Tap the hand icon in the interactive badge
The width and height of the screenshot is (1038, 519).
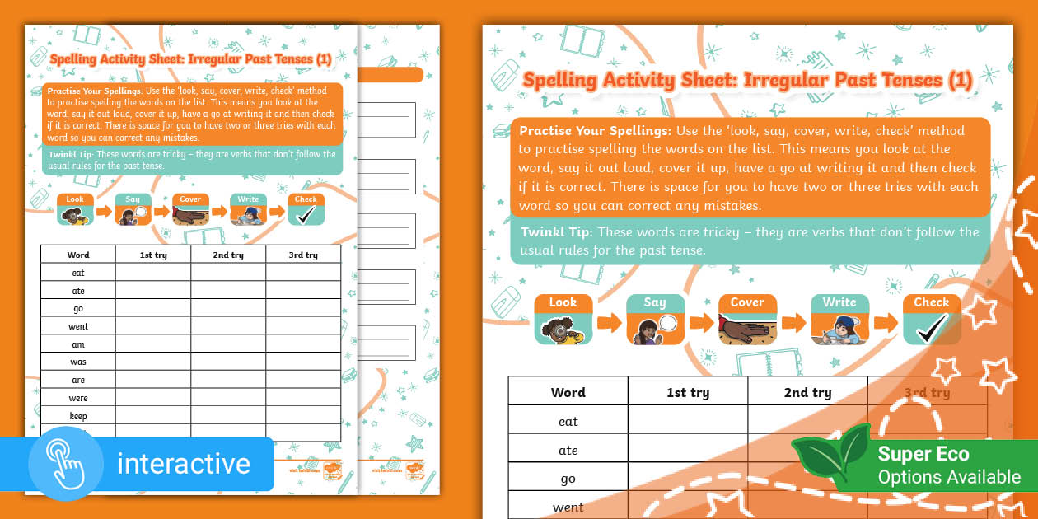pyautogui.click(x=65, y=464)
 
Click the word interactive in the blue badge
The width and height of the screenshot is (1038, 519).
pyautogui.click(x=183, y=464)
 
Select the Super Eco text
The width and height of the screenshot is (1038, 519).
pyautogui.click(x=923, y=454)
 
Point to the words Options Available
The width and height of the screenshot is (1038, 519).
pyautogui.click(x=948, y=477)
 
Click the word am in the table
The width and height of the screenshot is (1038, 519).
pyautogui.click(x=78, y=344)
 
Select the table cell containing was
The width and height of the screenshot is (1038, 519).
pyautogui.click(x=78, y=362)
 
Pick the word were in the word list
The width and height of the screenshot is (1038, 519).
pyautogui.click(x=78, y=399)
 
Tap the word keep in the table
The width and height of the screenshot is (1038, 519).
pyautogui.click(x=78, y=417)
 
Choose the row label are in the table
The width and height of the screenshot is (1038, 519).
pyautogui.click(x=78, y=381)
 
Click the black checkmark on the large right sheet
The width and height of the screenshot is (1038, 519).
pyautogui.click(x=932, y=329)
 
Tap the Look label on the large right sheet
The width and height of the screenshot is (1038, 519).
pyautogui.click(x=563, y=302)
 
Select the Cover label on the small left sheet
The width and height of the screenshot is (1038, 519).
pyautogui.click(x=190, y=199)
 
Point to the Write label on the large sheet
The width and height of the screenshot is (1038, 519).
pyautogui.click(x=839, y=302)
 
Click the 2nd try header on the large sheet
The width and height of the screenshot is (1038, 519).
pyautogui.click(x=807, y=393)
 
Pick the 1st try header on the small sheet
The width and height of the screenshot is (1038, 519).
pyautogui.click(x=153, y=255)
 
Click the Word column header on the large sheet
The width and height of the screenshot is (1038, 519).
pyautogui.click(x=568, y=393)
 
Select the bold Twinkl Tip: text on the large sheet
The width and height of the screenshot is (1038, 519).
pyautogui.click(x=556, y=232)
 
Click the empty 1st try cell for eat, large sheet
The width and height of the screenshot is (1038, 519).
pyautogui.click(x=688, y=422)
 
